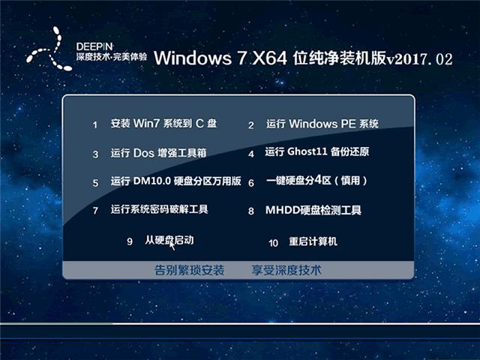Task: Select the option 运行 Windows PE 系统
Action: point(322,124)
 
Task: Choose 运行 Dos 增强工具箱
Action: point(158,153)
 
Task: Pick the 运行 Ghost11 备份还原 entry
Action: point(316,152)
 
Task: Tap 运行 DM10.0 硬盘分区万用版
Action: point(175,181)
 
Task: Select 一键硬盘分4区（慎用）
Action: point(317,181)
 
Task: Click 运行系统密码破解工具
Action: point(159,210)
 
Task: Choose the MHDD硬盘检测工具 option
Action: point(313,210)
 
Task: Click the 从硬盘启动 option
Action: point(169,240)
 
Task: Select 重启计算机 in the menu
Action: point(313,241)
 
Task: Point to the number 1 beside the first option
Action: point(95,124)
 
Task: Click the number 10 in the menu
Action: point(273,242)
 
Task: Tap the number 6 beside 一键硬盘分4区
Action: point(252,182)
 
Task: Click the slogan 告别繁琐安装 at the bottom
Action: point(189,269)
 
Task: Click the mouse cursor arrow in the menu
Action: point(173,244)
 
